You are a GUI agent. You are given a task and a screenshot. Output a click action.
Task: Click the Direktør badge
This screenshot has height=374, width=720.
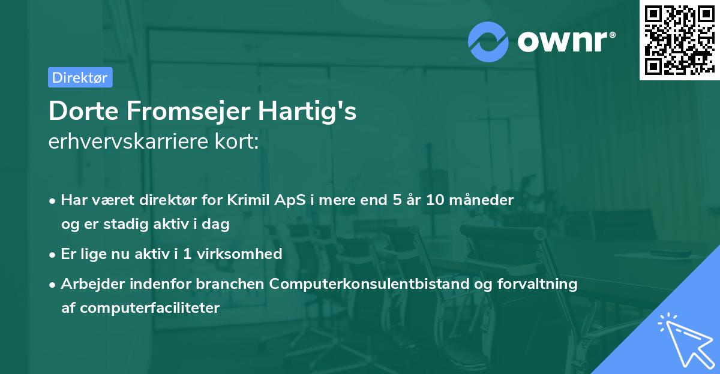(80, 77)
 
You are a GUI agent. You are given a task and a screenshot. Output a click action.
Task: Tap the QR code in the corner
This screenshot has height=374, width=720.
(679, 40)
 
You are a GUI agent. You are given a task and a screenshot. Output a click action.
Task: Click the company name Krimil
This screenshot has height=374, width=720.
(245, 200)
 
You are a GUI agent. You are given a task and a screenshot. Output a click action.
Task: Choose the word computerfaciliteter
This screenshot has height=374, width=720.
(149, 308)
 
